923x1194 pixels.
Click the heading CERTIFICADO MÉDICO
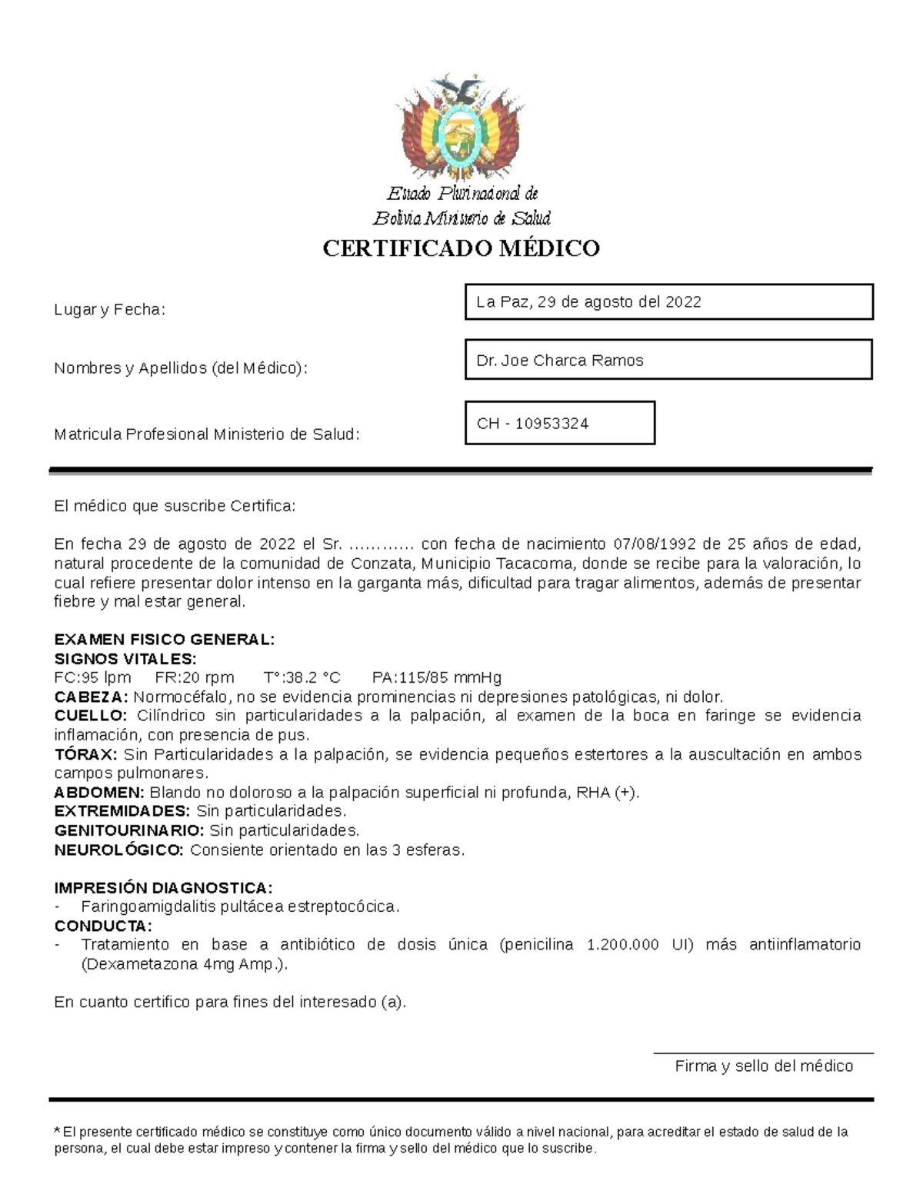tap(461, 248)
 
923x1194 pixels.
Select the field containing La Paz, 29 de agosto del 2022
tap(668, 301)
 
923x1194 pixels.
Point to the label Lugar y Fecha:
tap(109, 310)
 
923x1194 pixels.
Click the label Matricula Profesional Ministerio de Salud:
tap(206, 434)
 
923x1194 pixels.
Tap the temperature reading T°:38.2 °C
tap(302, 677)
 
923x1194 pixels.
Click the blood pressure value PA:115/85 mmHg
tap(436, 677)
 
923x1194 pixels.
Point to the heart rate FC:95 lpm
tap(92, 677)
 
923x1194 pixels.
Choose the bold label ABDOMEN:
tap(99, 792)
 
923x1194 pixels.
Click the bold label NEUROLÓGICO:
tap(119, 850)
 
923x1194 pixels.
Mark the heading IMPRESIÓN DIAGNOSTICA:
tap(163, 888)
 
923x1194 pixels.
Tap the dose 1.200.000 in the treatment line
tap(622, 944)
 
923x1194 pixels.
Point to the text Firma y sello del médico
tap(764, 1066)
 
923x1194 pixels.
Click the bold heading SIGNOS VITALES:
tap(125, 659)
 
